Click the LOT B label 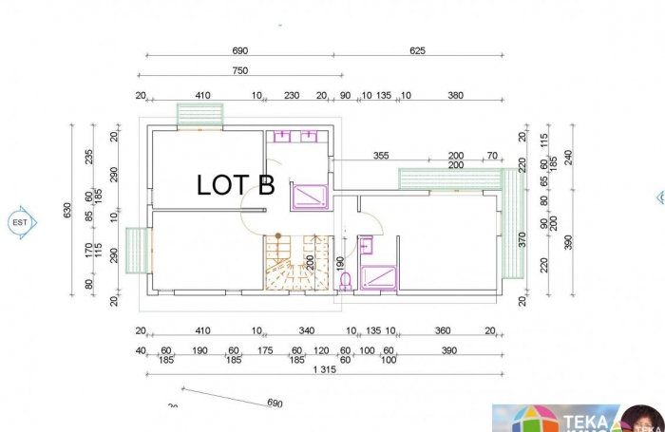(236, 185)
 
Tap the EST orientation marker (20, 222)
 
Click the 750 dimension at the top (239, 70)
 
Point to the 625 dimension (417, 50)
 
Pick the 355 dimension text (381, 155)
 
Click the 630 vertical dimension (67, 210)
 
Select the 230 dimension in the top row (292, 95)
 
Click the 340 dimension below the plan (306, 330)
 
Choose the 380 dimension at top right (455, 95)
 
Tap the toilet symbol (345, 279)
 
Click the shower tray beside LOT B (310, 196)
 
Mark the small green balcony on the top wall (199, 114)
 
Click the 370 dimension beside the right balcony (521, 238)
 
